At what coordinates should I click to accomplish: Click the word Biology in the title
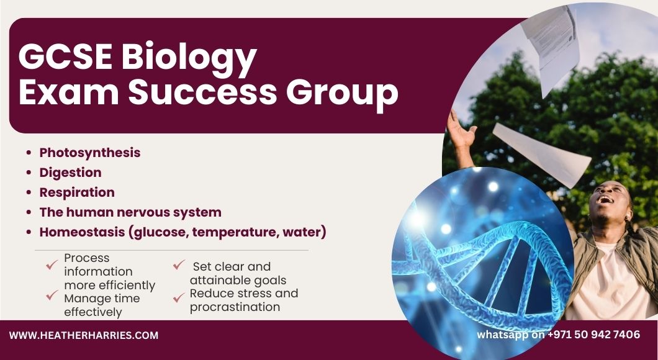(x=189, y=58)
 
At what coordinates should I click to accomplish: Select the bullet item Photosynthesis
(x=90, y=153)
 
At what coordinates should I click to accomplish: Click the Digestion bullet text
(x=71, y=173)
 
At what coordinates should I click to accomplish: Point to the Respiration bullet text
(x=77, y=192)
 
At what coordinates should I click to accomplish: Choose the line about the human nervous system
(x=130, y=212)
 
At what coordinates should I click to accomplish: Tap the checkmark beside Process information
(x=52, y=265)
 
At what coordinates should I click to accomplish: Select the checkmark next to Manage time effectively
(x=52, y=295)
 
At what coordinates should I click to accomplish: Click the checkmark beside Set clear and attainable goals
(x=179, y=265)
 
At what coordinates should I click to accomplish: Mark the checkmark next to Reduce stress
(x=179, y=297)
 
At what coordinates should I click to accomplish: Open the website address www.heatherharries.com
(x=84, y=335)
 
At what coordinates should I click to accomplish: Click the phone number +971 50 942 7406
(x=594, y=335)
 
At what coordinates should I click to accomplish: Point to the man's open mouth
(x=605, y=199)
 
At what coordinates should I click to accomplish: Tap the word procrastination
(x=235, y=307)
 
